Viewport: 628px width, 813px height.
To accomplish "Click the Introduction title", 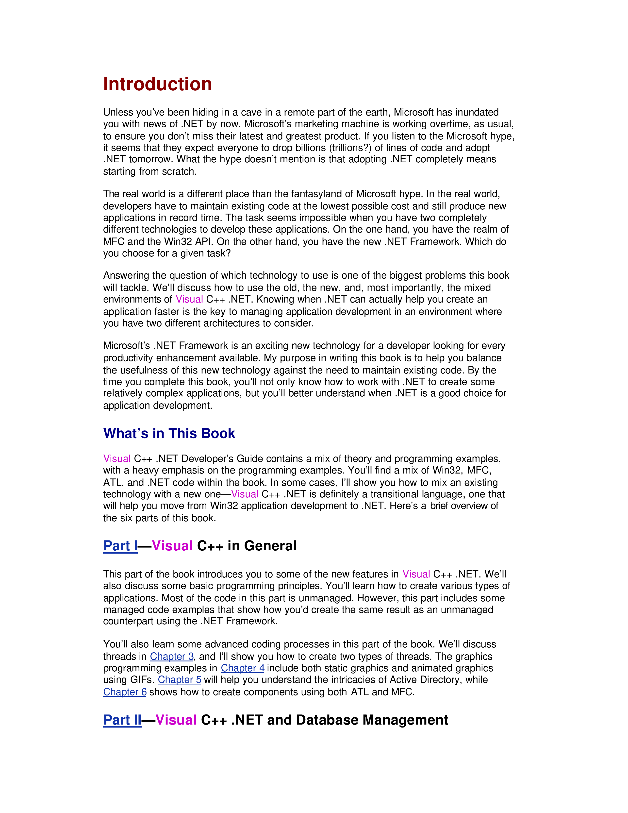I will tap(157, 84).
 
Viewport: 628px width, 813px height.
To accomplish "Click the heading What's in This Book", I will tap(169, 433).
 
